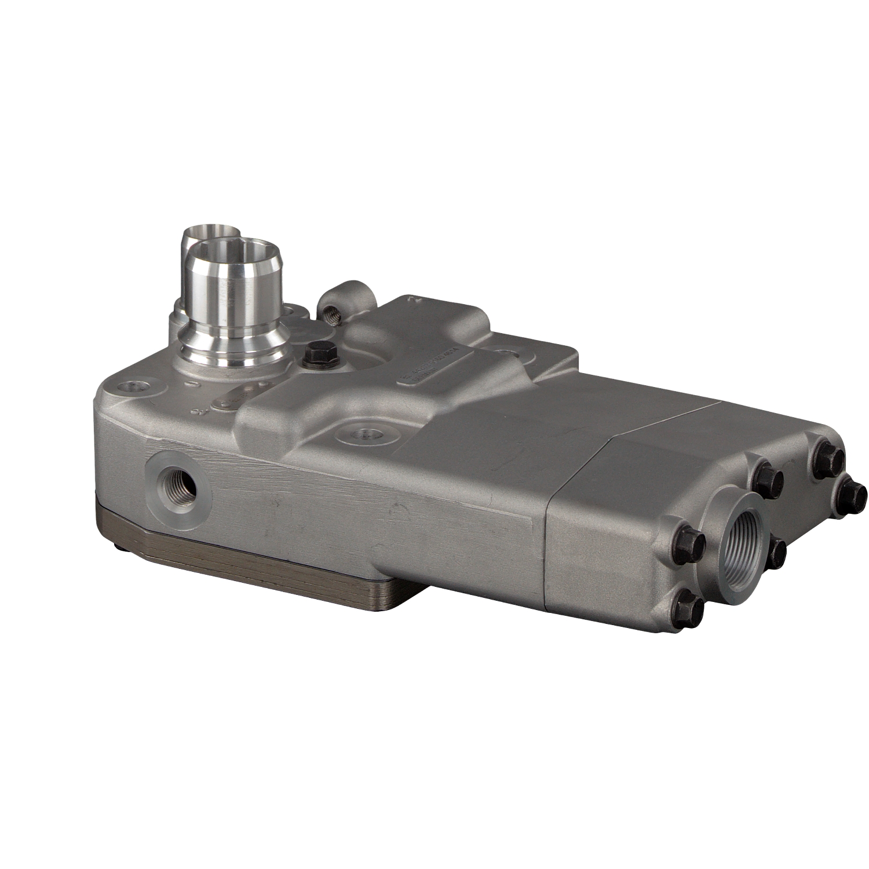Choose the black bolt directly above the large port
point(768,480)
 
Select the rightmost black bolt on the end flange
point(853,494)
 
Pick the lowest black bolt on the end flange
point(690,609)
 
